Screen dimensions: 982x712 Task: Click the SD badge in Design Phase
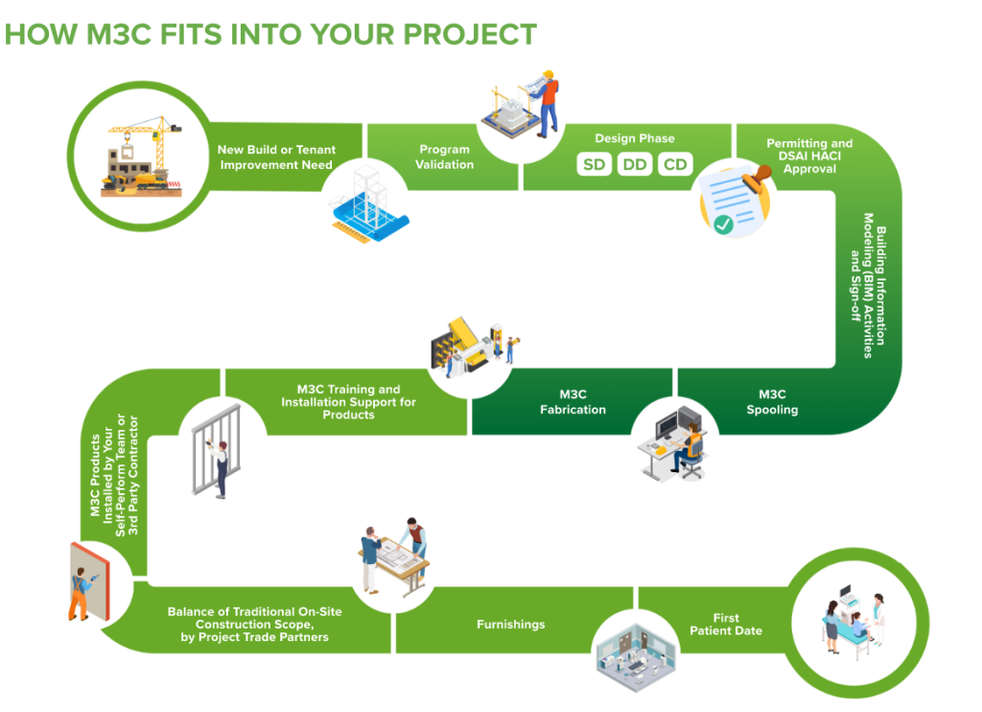[594, 164]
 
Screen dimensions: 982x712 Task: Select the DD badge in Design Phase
[635, 164]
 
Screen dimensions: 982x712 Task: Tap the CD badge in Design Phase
[675, 164]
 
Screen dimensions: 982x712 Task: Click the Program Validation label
[445, 156]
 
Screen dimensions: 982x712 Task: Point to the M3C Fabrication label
[573, 402]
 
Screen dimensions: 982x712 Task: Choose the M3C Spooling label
[772, 402]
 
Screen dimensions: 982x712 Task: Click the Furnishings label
[511, 625]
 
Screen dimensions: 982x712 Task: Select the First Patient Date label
[726, 625]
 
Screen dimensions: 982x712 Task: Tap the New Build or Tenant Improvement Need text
[276, 157]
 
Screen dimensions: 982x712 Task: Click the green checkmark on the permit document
[723, 225]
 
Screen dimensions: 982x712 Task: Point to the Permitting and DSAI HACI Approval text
[809, 156]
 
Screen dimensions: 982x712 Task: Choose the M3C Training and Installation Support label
[348, 402]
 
